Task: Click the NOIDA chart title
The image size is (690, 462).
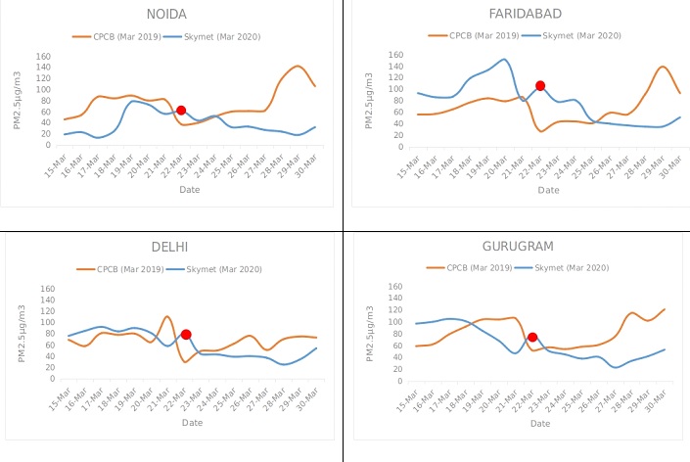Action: click(168, 14)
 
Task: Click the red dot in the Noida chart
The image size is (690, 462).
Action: click(181, 111)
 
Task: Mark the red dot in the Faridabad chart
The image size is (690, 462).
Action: click(540, 86)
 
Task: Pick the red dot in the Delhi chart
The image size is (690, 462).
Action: click(186, 335)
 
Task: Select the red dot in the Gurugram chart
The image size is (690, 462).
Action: click(532, 338)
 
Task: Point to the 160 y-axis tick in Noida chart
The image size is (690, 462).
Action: click(42, 56)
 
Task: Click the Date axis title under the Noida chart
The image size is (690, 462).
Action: click(190, 190)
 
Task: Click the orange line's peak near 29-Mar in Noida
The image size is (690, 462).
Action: click(299, 67)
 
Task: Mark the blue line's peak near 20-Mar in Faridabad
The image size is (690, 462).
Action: click(503, 59)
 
